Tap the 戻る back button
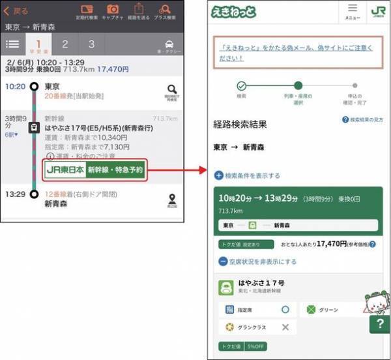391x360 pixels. pyautogui.click(x=16, y=11)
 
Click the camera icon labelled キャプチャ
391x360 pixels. pyautogui.click(x=113, y=11)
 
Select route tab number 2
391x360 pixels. pyautogui.click(x=65, y=44)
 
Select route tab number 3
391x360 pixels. pyautogui.click(x=91, y=44)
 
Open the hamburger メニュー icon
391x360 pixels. pyautogui.click(x=353, y=12)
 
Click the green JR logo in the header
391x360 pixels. pyautogui.click(x=377, y=12)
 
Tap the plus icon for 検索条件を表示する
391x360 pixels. pyautogui.click(x=219, y=175)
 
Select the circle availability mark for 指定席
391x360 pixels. pyautogui.click(x=285, y=310)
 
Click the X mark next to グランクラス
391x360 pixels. pyautogui.click(x=285, y=327)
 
